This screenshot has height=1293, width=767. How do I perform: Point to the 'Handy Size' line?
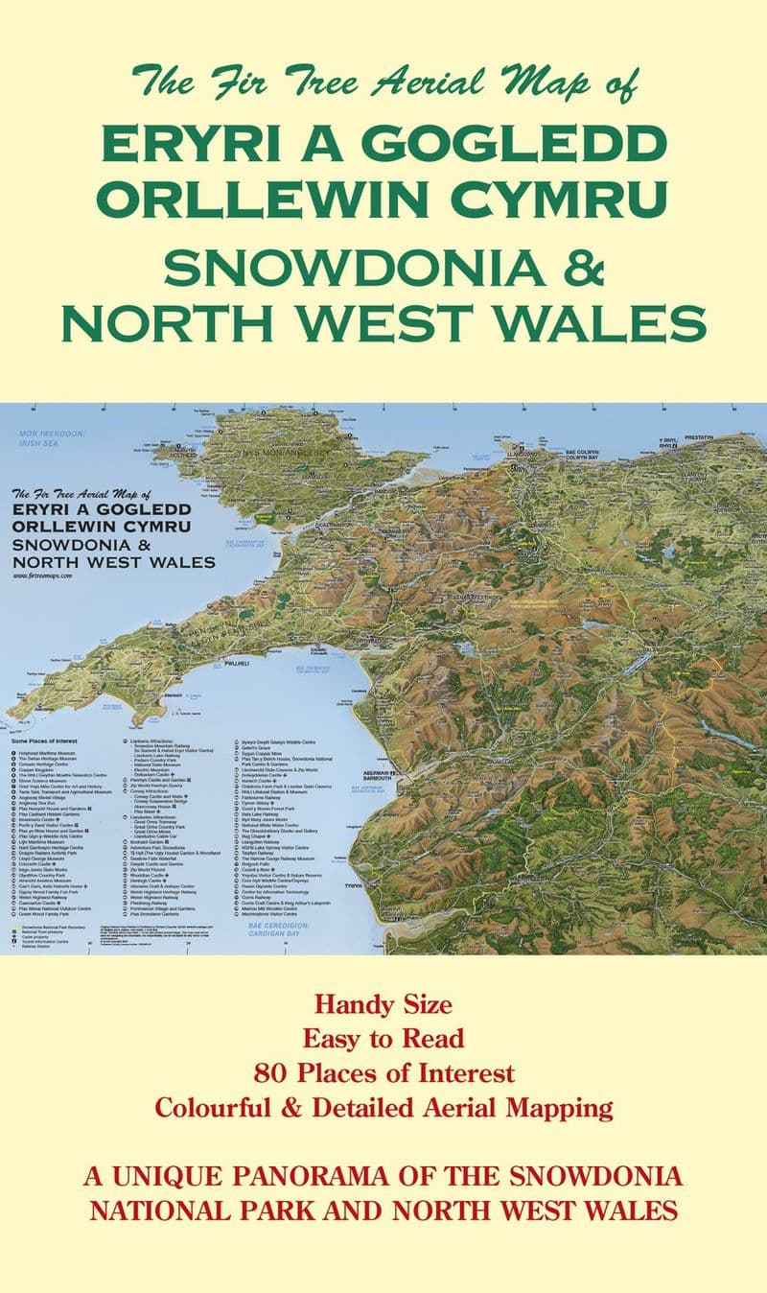[383, 1005]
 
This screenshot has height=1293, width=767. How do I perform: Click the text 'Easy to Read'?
[383, 1038]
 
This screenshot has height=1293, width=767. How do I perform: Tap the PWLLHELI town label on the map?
[241, 663]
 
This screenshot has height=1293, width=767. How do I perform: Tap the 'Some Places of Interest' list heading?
[48, 742]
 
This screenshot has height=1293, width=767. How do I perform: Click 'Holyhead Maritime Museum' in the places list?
[59, 754]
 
